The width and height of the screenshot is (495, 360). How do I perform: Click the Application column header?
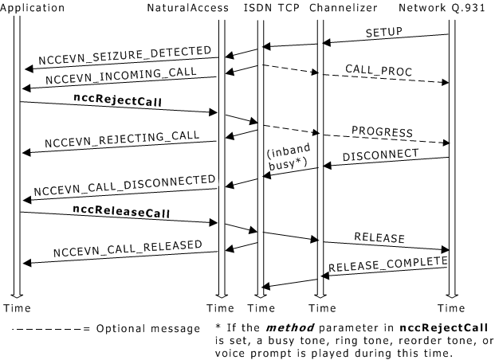click(33, 7)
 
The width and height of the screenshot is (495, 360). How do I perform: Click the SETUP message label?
click(384, 33)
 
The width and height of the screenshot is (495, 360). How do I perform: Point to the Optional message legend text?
click(148, 328)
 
